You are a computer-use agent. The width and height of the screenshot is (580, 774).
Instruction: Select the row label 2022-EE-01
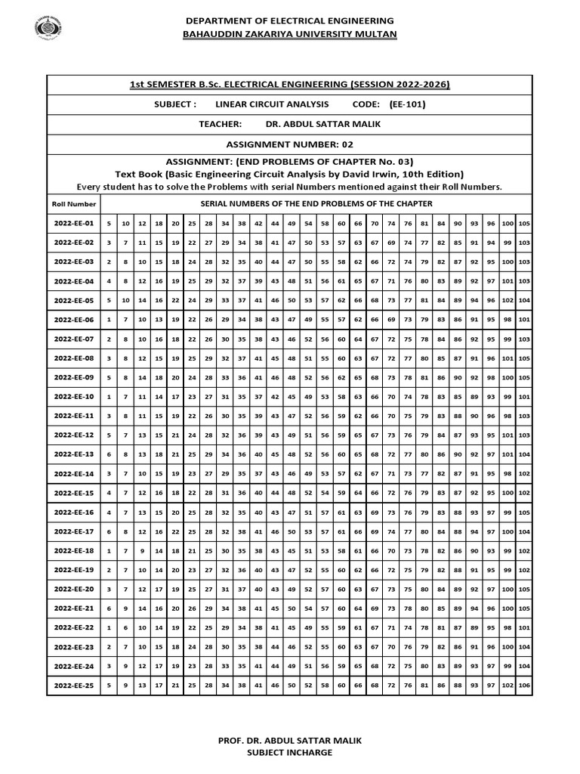(73, 223)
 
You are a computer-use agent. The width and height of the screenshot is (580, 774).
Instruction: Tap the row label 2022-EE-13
(73, 454)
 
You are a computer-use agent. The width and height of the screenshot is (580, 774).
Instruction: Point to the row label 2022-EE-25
(73, 685)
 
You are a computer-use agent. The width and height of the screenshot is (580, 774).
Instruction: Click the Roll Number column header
(73, 204)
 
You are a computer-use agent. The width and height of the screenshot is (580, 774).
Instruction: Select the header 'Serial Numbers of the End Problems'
(316, 203)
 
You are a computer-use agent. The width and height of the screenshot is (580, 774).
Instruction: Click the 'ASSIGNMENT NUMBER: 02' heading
(289, 144)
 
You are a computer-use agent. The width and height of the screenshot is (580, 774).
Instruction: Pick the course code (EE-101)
(407, 104)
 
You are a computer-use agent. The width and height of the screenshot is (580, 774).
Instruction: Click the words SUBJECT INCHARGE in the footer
(289, 752)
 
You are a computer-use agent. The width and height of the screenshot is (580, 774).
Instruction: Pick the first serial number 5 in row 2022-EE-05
(109, 300)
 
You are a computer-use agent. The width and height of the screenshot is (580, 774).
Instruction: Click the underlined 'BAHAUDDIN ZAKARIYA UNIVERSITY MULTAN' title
(289, 34)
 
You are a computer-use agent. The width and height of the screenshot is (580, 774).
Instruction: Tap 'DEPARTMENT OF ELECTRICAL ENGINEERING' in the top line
(289, 20)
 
